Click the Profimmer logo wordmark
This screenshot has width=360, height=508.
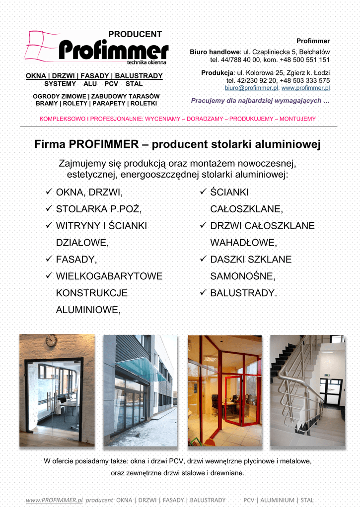[113, 51]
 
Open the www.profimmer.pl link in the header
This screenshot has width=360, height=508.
[305, 88]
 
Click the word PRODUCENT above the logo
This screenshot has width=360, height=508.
[135, 34]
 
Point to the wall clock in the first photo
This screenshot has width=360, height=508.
[51, 341]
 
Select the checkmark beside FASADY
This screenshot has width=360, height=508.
[49, 259]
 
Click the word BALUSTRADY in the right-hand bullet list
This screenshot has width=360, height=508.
[242, 293]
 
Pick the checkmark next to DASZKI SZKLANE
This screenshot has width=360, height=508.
[203, 259]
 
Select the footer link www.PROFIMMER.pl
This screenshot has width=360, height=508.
[54, 500]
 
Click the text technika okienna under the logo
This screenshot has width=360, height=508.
[146, 63]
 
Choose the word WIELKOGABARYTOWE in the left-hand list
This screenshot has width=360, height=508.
[109, 276]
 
